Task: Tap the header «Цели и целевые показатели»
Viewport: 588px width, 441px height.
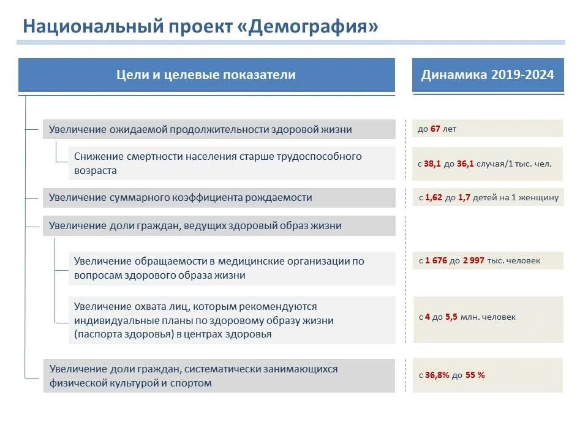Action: pos(206,75)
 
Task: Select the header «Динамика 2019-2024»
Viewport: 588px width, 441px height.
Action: pos(488,75)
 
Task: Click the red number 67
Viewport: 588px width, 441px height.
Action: pos(436,129)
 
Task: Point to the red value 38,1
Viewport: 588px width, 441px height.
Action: pos(432,164)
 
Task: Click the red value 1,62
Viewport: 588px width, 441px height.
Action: pos(434,198)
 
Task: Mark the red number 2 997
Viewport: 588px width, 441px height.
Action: pos(473,260)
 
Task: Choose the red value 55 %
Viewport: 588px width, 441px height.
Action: pos(475,375)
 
